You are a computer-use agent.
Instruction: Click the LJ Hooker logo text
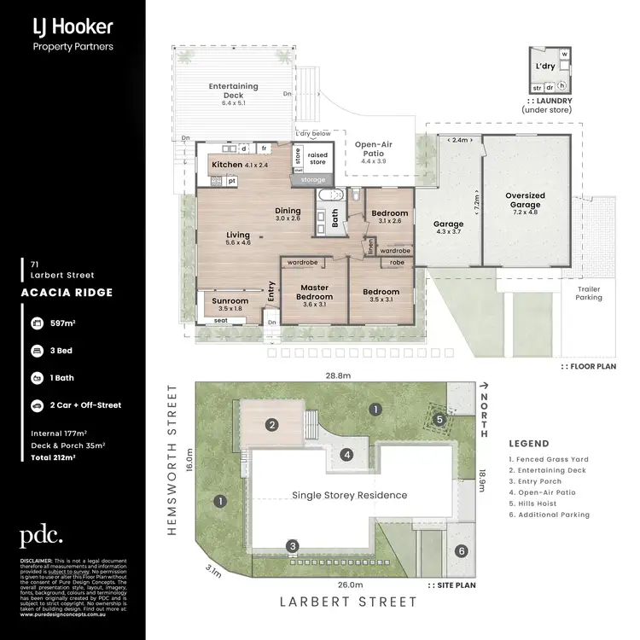[72, 26]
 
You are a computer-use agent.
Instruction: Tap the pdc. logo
[41, 536]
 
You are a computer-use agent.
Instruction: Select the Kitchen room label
[227, 165]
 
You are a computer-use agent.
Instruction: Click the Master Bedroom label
[314, 292]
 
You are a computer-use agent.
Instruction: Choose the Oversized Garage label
[525, 201]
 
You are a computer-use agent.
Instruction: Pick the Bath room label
[335, 219]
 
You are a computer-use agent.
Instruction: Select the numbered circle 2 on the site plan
[271, 424]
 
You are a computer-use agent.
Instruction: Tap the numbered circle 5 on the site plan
[439, 419]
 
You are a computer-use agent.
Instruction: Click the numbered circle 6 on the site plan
[462, 551]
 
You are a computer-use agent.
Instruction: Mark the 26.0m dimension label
[350, 585]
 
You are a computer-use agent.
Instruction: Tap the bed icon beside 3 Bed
[38, 350]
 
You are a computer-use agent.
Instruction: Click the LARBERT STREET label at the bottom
[349, 602]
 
